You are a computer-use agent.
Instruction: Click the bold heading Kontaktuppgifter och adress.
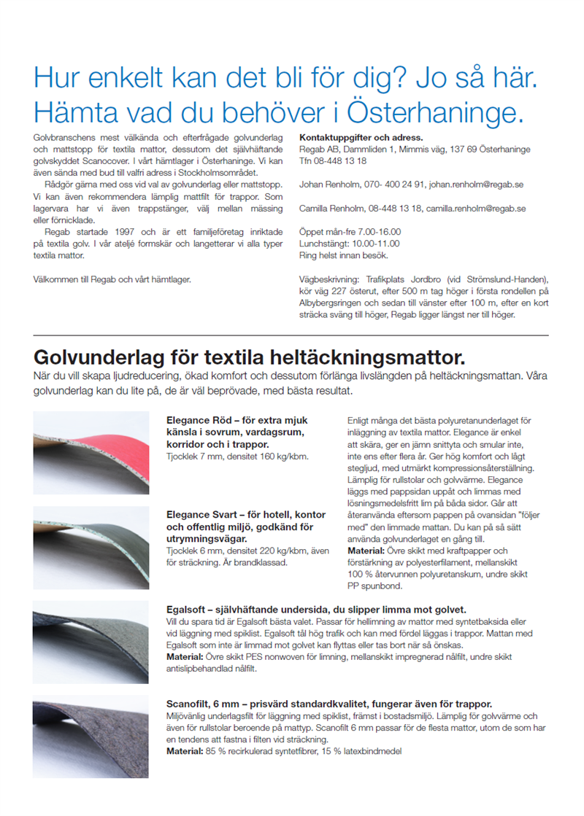click(x=361, y=137)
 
